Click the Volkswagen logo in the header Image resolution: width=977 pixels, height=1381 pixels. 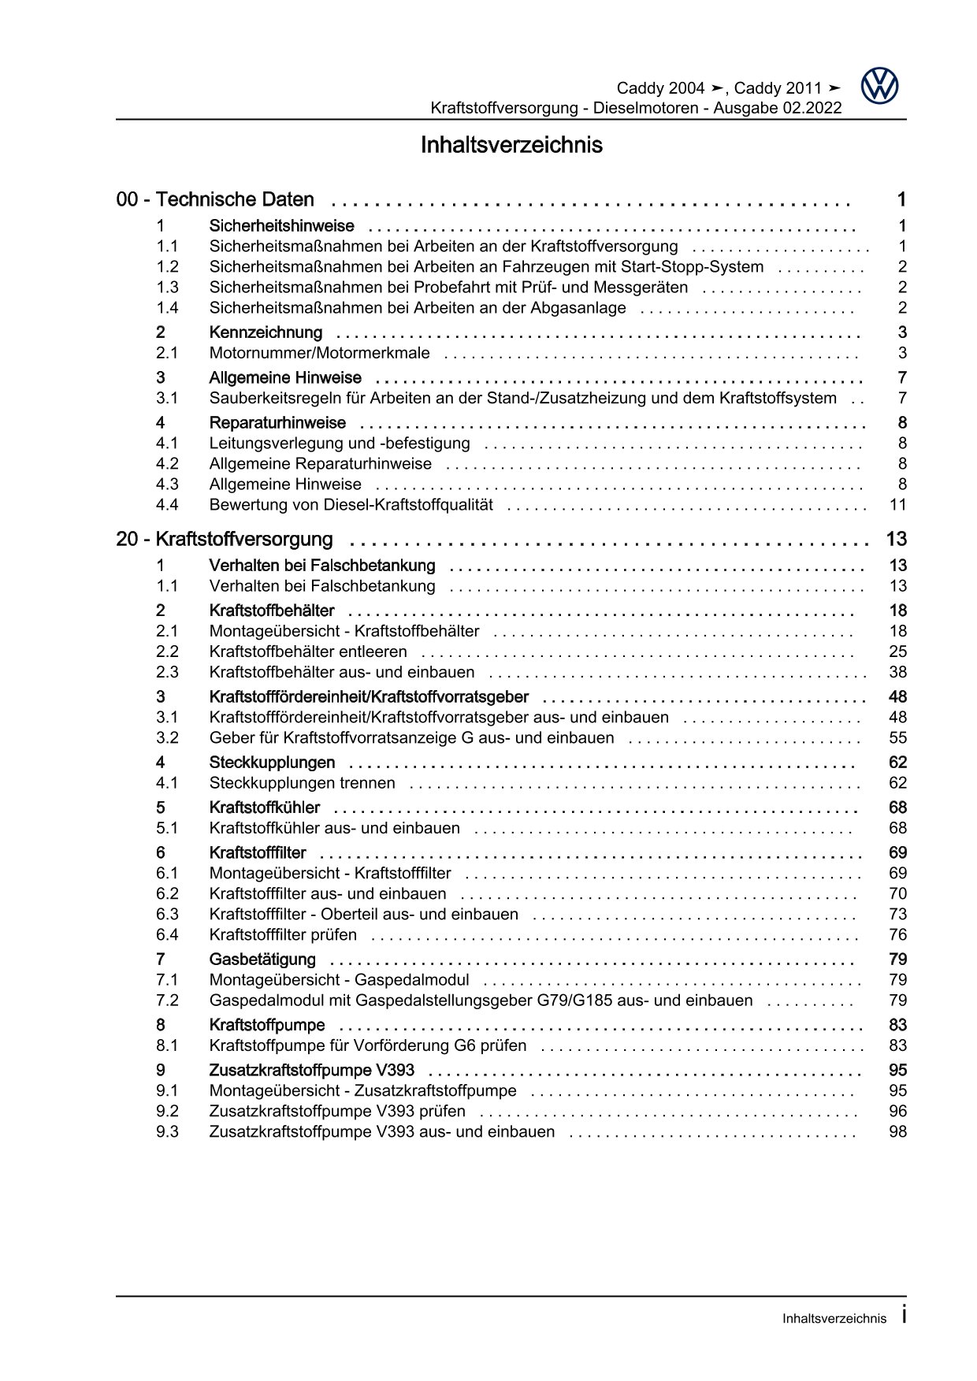coord(879,86)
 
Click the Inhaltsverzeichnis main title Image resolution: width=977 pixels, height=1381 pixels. coord(511,146)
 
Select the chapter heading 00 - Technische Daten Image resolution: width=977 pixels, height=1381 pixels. coord(215,200)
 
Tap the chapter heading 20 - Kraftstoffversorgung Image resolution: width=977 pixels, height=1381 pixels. coord(225,540)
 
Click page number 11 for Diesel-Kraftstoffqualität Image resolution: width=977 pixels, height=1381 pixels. coord(897,505)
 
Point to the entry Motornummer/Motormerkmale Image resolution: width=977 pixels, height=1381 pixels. coord(319,353)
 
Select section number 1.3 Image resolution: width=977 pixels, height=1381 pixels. coord(167,288)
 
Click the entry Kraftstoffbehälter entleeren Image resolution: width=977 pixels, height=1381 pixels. coord(308,652)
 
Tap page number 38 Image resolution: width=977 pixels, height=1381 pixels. coord(897,673)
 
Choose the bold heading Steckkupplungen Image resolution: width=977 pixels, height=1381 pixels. coord(272,763)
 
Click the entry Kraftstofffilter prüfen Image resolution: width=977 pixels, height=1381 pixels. coord(283,935)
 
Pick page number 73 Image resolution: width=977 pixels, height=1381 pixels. coord(897,915)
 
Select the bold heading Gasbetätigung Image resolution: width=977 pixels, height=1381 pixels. coord(262,960)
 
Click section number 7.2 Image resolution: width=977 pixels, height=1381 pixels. coord(167,1000)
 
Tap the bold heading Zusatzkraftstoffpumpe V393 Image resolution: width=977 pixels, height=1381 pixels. coord(311,1071)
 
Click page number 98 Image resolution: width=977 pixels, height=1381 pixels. coord(897,1132)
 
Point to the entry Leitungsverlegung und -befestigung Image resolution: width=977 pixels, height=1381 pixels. coord(340,444)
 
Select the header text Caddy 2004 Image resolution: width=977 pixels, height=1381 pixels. coord(660,88)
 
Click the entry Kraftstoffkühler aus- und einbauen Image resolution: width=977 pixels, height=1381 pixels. coord(334,829)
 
